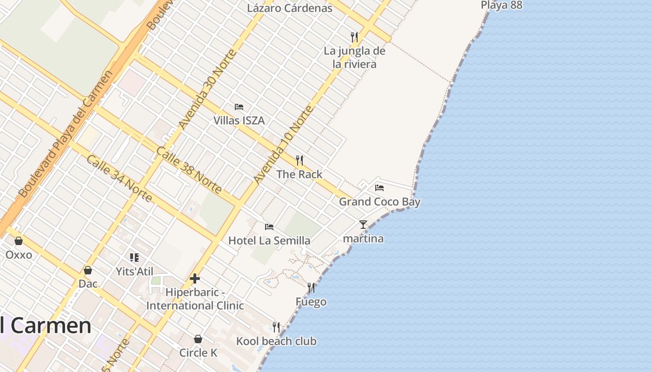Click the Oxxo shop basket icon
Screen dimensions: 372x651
[19, 241]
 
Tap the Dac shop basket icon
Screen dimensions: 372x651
[87, 270]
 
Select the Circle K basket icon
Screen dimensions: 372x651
[198, 339]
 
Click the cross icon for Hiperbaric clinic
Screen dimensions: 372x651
[195, 279]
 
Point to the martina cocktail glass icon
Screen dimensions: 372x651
[363, 225]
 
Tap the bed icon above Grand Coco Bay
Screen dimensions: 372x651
[379, 188]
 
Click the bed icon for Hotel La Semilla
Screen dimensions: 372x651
[269, 227]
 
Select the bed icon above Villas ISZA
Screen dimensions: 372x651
[239, 107]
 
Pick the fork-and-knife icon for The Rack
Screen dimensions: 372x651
[299, 160]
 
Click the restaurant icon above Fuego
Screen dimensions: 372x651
[311, 288]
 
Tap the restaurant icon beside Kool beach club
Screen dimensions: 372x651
[276, 327]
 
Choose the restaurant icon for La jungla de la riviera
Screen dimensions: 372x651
[354, 37]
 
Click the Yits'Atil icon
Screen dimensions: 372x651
[134, 258]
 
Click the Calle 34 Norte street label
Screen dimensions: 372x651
[119, 178]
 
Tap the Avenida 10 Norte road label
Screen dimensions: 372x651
[283, 145]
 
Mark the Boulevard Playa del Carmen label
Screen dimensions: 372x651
[66, 134]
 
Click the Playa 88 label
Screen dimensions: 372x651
[501, 5]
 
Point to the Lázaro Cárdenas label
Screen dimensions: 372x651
[290, 8]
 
